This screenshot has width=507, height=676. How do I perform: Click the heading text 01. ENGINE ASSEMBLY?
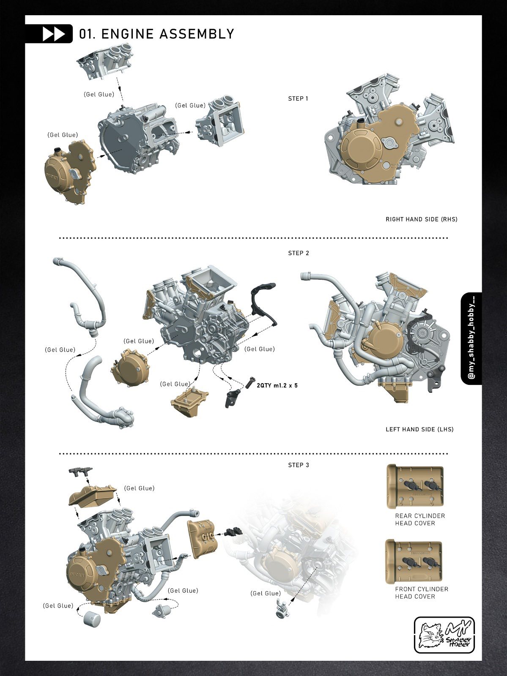click(x=156, y=34)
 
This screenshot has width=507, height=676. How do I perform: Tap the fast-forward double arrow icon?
click(x=54, y=34)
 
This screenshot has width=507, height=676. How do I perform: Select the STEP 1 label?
click(x=298, y=98)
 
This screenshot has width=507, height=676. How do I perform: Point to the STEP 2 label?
click(x=299, y=253)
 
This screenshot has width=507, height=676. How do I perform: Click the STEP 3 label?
click(x=299, y=465)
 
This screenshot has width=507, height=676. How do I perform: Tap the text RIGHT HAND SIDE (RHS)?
click(x=421, y=219)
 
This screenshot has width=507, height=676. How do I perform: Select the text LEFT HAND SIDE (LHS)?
click(x=419, y=429)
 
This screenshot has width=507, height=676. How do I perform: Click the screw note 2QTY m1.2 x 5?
click(x=277, y=385)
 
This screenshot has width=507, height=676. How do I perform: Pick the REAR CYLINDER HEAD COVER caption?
click(x=420, y=520)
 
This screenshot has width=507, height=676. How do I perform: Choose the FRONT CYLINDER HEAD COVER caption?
click(x=422, y=593)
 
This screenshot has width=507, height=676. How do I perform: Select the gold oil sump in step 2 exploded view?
click(x=190, y=401)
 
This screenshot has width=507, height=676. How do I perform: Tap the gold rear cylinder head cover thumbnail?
click(x=415, y=486)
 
